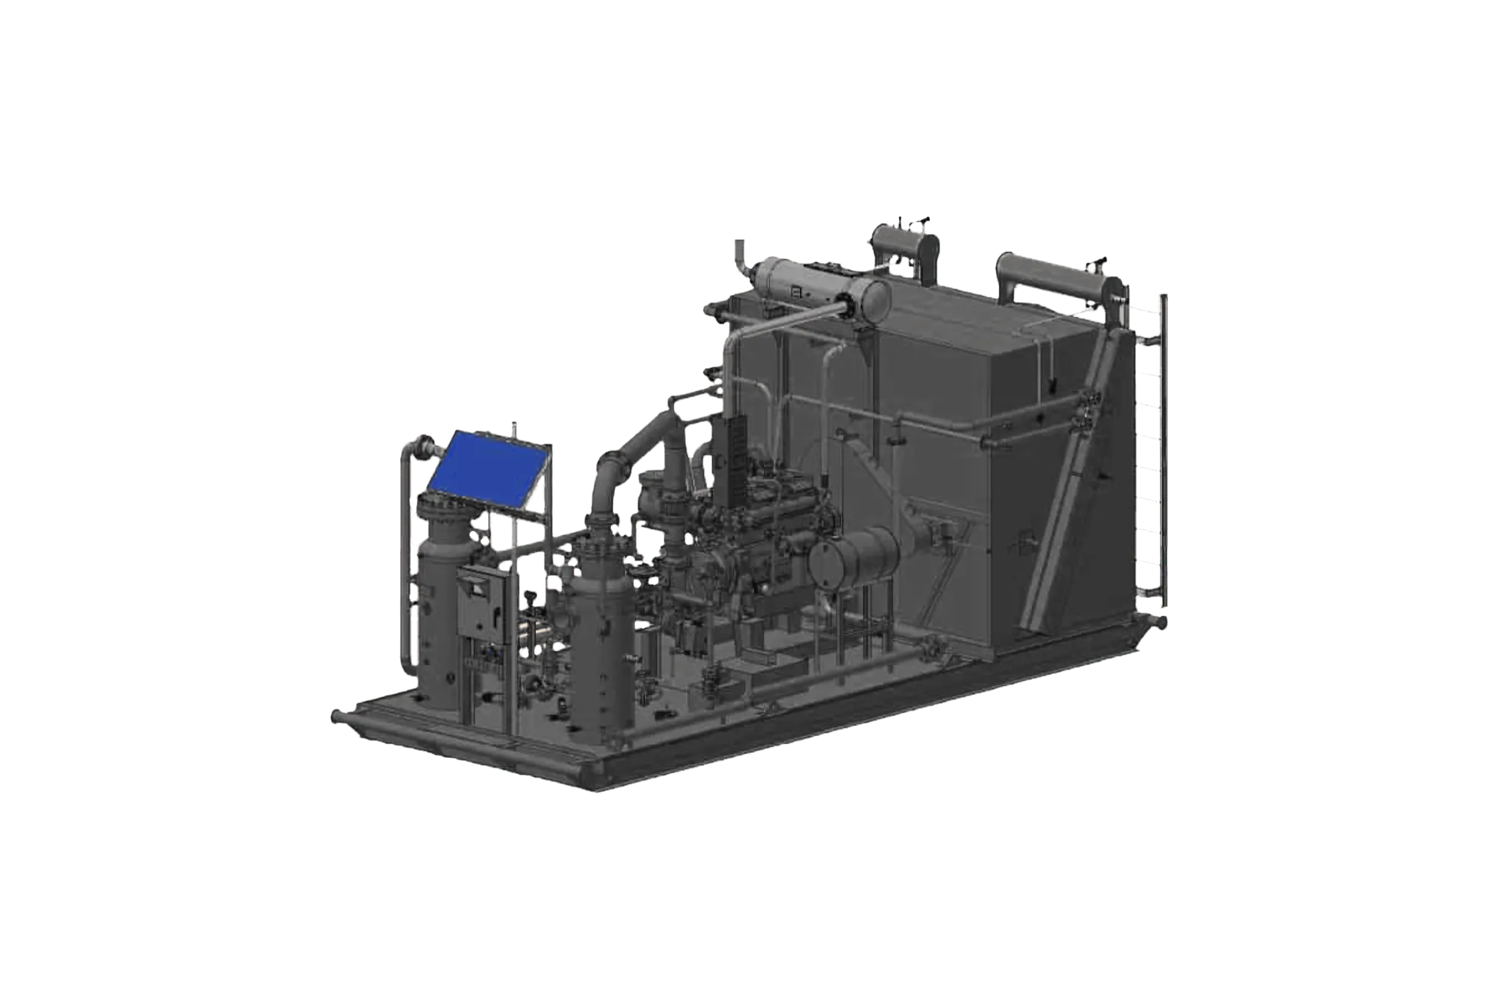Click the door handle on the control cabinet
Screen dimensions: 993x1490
pos(495,613)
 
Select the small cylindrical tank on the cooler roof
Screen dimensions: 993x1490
pos(904,245)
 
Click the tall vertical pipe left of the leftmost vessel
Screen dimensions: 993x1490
pos(405,566)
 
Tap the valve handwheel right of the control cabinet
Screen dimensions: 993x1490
pos(530,597)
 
